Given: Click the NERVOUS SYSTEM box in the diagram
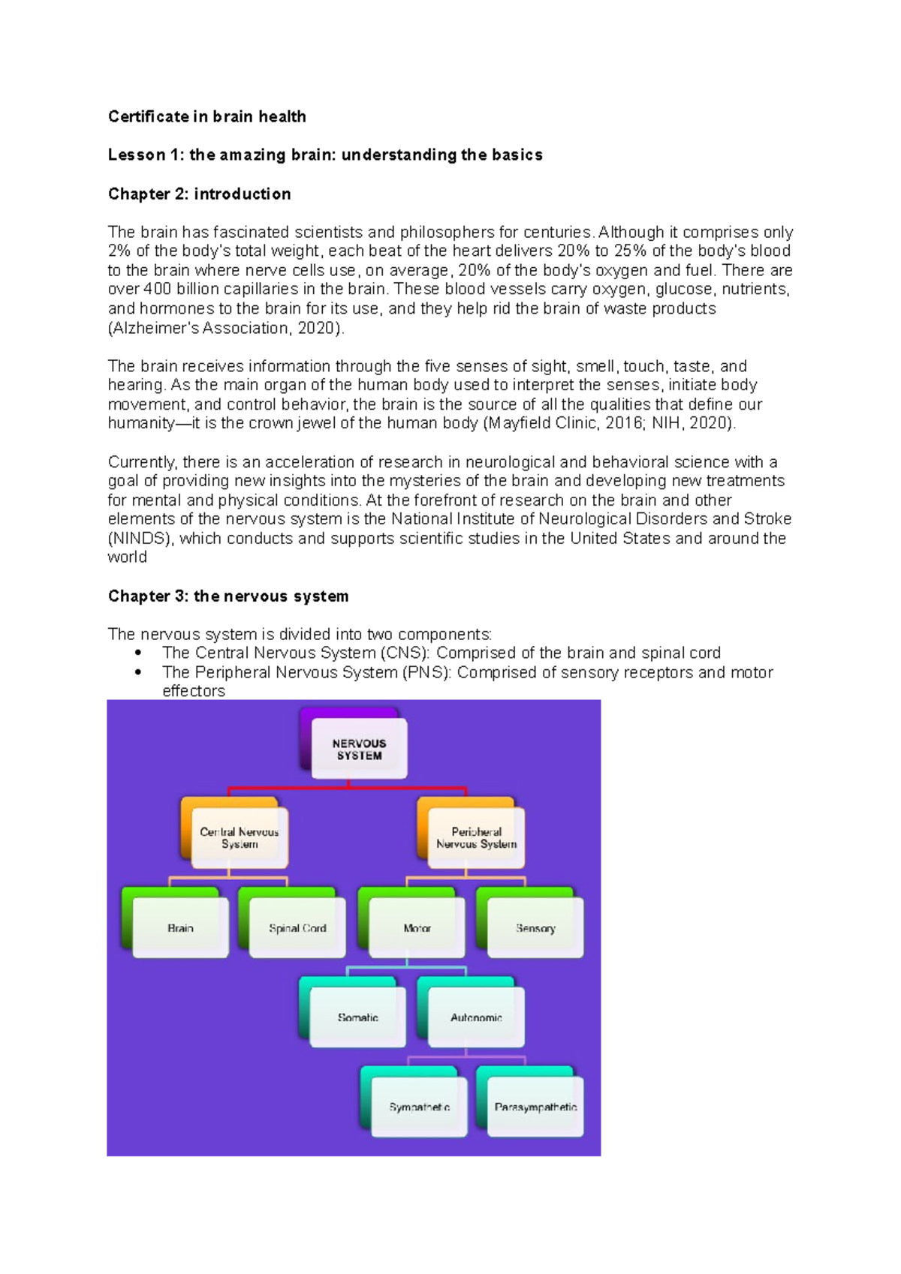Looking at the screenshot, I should tap(359, 749).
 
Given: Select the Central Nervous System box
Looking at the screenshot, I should tap(240, 837).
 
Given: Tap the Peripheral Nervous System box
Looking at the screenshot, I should tap(476, 837).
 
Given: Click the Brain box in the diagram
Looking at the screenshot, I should tap(180, 928).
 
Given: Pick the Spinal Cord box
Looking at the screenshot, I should tap(297, 928).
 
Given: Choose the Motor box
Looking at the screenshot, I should tap(417, 928).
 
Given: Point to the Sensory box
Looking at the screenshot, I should tap(535, 928).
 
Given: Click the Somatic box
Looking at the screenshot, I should tap(357, 1017).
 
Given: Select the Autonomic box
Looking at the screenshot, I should tap(476, 1017).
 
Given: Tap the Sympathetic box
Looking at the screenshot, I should tap(419, 1107).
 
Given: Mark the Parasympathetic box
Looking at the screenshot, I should tap(535, 1107).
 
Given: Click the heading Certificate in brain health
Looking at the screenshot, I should tap(206, 116).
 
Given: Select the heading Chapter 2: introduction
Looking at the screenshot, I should tap(199, 194).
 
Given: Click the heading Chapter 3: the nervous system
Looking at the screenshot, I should tap(228, 596).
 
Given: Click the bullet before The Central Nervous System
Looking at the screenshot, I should tap(138, 653).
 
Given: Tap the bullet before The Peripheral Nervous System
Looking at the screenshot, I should tap(138, 672).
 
